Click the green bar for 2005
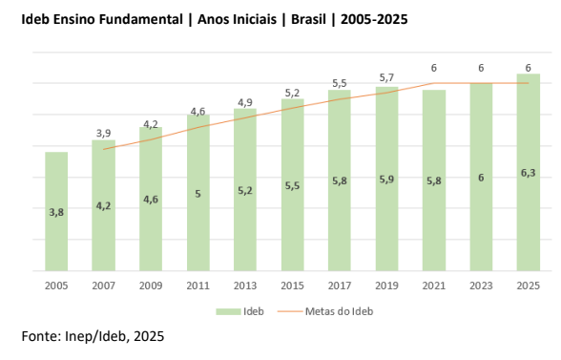[x=56, y=211]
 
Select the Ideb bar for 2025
[x=529, y=172]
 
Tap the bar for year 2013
[x=245, y=190]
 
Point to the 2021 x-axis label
[x=433, y=286]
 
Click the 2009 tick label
[x=151, y=286]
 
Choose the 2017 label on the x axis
[x=340, y=286]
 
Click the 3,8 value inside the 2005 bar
[x=56, y=212]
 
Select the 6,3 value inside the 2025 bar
[x=529, y=173]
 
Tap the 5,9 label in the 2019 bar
[x=386, y=180]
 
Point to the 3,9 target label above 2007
[x=103, y=134]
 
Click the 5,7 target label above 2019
[x=386, y=77]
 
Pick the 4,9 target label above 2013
[x=245, y=103]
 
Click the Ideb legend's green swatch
[x=228, y=311]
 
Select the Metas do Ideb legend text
[x=340, y=311]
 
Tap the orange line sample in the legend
[x=290, y=311]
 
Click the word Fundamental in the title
[x=140, y=19]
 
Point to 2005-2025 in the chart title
[x=374, y=19]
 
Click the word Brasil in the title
[x=308, y=19]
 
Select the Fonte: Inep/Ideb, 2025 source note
[x=93, y=336]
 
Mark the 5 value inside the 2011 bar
[x=197, y=194]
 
